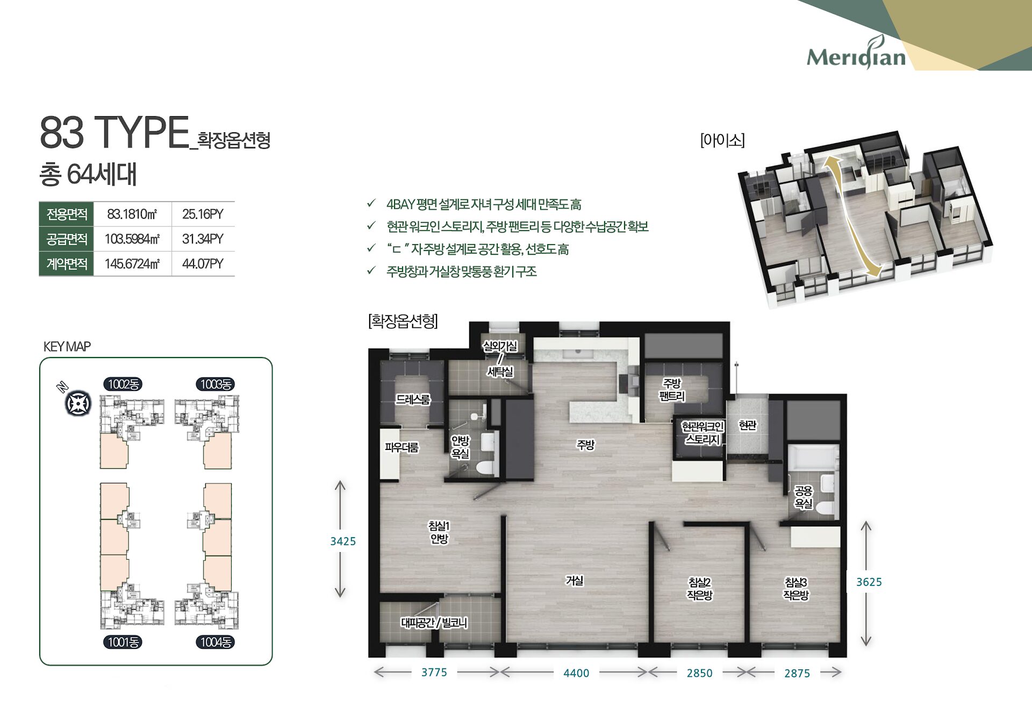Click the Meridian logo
click(x=856, y=55)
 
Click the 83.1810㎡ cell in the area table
click(x=132, y=215)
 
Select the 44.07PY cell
click(x=203, y=264)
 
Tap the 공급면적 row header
click(x=67, y=239)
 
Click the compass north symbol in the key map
click(x=78, y=403)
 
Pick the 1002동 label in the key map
click(x=123, y=384)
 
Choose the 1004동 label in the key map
click(x=216, y=642)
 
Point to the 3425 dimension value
click(x=343, y=541)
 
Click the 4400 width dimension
click(x=576, y=673)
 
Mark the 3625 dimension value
click(x=869, y=582)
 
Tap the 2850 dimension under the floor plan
click(x=699, y=673)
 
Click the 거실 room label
click(x=574, y=581)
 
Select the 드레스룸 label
click(x=413, y=399)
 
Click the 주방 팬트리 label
click(x=672, y=390)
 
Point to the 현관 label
click(x=747, y=425)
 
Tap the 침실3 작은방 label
click(x=795, y=589)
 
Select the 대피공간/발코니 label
click(x=434, y=623)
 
